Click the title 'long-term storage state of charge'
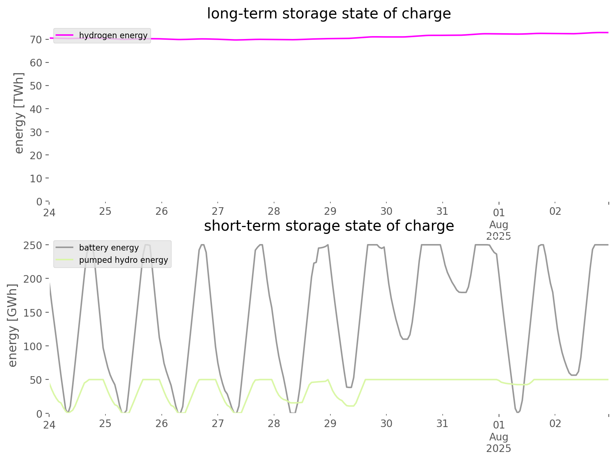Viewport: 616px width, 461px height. click(329, 14)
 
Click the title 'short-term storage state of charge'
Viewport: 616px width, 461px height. click(329, 226)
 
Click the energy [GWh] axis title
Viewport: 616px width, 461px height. click(13, 325)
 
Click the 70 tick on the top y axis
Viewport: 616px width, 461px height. click(36, 39)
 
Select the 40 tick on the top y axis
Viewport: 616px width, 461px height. click(36, 109)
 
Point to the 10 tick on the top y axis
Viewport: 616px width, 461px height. click(36, 178)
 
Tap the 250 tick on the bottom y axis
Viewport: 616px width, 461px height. click(33, 245)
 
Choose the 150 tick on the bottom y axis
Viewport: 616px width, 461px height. click(33, 313)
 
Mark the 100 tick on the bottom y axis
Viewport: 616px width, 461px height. click(33, 346)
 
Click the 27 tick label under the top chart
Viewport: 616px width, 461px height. click(218, 211)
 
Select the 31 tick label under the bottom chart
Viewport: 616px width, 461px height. click(442, 423)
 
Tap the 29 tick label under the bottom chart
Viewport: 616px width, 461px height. click(330, 423)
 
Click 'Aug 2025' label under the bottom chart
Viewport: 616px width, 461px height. click(499, 443)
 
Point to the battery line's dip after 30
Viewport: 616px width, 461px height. click(405, 339)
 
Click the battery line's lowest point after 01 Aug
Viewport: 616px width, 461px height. click(518, 412)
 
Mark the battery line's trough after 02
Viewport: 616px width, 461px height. click(574, 375)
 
